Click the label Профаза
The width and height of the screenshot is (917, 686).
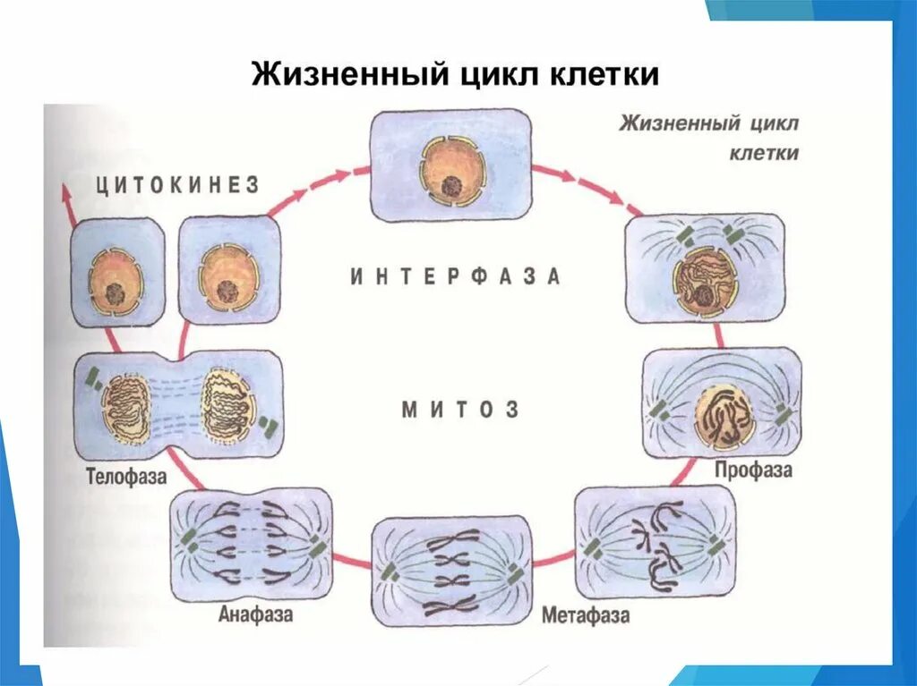point(753,470)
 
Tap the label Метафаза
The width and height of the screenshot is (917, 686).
point(585,615)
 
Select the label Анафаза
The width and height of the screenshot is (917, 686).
point(255,614)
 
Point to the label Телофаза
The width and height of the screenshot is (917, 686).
point(126,476)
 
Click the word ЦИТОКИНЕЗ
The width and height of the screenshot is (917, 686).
point(177,185)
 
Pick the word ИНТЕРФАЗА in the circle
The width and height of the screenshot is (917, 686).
point(455,276)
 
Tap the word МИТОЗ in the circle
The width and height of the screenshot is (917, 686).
point(460,411)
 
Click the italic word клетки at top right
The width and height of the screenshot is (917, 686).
point(763,153)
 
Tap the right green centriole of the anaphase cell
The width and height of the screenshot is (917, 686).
point(317,547)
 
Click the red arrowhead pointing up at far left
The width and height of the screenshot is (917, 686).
point(65,190)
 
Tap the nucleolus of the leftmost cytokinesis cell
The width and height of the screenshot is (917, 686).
point(113,292)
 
